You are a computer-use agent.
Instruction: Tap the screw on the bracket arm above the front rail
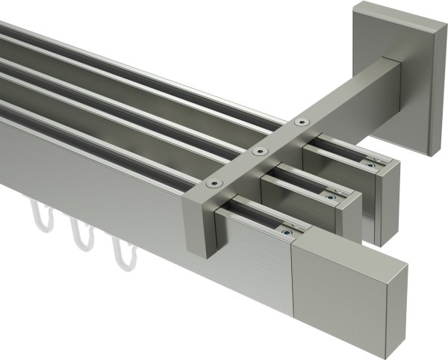217,183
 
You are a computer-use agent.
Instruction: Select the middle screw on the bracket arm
259,152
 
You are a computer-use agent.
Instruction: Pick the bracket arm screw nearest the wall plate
300,122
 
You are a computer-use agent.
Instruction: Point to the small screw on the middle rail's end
329,196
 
